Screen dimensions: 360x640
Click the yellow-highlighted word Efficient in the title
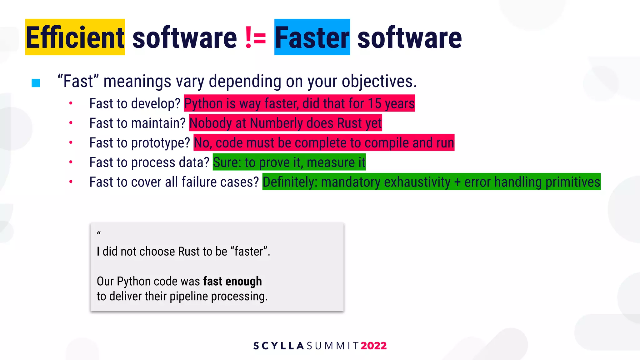coord(75,37)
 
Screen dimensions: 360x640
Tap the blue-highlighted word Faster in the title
coord(312,37)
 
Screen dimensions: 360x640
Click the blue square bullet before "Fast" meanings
coord(36,83)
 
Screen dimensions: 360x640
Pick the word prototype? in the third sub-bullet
coord(160,143)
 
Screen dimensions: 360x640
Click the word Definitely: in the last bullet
coord(290,182)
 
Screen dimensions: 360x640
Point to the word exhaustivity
coord(417,182)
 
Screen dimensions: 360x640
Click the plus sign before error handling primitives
coord(457,182)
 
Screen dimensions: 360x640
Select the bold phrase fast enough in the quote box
coord(232,281)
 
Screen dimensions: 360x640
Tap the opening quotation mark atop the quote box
coord(99,233)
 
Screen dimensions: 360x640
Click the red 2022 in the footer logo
coord(373,346)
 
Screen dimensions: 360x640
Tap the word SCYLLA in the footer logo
coord(278,346)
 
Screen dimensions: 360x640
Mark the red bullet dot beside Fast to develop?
coord(71,103)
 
